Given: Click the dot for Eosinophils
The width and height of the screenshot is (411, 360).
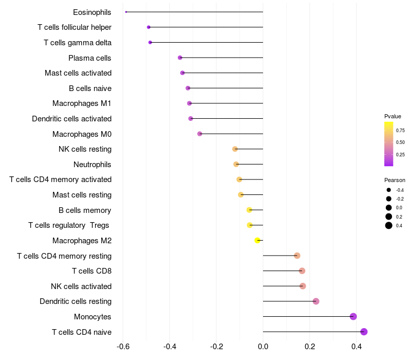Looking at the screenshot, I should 126,12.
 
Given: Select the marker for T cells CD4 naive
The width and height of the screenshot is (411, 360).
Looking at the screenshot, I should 364,332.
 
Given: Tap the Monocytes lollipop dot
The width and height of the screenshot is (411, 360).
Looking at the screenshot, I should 353,316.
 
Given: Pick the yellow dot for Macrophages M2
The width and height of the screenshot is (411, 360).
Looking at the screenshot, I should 257,240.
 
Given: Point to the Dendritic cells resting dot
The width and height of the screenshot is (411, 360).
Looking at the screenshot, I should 316,301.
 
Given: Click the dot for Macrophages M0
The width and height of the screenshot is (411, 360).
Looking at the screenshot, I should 200,134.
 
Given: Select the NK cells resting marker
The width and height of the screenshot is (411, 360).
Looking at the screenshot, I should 235,149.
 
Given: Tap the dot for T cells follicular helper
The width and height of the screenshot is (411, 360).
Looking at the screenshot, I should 148,27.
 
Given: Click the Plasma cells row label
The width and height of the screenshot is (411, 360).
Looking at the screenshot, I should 90,58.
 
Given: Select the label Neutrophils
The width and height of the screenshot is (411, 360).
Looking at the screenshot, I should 92,165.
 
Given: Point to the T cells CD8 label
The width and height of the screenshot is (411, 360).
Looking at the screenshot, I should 91,271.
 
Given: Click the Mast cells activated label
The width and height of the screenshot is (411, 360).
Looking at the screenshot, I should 78,73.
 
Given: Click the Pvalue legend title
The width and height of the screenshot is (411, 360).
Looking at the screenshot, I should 393,116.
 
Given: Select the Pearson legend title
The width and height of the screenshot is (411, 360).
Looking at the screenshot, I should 395,180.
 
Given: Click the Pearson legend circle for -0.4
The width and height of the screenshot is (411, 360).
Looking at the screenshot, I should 389,190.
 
